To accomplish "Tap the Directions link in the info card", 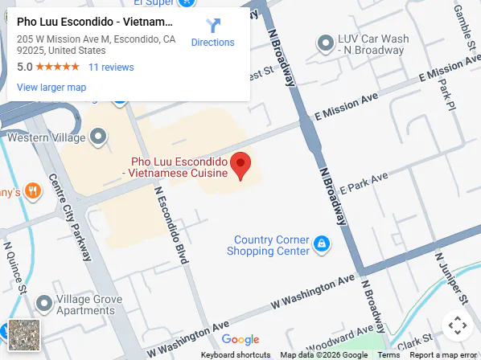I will click(212, 33).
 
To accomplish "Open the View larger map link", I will click(51, 87).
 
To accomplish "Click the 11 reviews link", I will click(111, 67).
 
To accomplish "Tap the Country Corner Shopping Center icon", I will click(321, 242).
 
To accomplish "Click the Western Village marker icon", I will click(98, 137).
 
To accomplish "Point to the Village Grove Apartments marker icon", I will click(44, 305).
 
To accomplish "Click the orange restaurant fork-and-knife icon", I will click(33, 191).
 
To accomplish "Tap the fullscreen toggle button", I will click(457, 325).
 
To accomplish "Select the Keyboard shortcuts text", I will click(236, 355).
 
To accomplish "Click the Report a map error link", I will click(445, 355).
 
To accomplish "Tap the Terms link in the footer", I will click(388, 355).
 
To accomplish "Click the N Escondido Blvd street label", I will click(171, 226).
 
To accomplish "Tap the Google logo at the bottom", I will click(240, 340).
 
